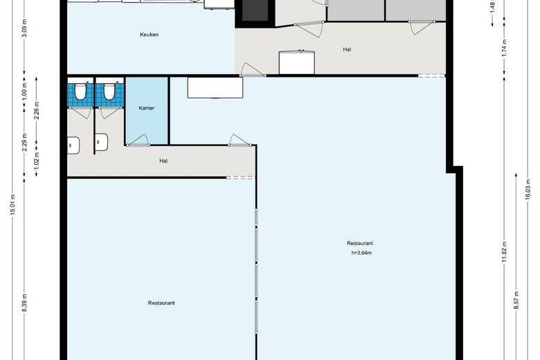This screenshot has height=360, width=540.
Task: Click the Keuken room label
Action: click(x=149, y=35)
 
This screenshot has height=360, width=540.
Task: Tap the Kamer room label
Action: click(x=146, y=108)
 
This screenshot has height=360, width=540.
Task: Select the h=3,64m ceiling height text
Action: click(x=361, y=253)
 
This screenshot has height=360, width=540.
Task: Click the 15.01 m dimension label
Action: click(x=12, y=205)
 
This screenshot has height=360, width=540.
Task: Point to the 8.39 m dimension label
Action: click(x=24, y=303)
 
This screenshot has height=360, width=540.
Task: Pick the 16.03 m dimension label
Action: click(x=528, y=190)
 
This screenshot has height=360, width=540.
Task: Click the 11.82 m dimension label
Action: click(x=505, y=251)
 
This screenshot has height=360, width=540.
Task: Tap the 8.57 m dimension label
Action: click(x=516, y=300)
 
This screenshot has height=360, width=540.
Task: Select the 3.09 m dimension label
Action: click(x=24, y=28)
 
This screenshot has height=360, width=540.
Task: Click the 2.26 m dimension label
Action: click(x=37, y=111)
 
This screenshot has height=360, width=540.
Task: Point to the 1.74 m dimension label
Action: click(x=505, y=48)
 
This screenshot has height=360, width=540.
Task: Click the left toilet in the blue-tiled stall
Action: click(x=80, y=91)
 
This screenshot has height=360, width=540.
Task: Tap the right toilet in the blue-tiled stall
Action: click(x=109, y=91)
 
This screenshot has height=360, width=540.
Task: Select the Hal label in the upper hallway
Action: click(x=347, y=49)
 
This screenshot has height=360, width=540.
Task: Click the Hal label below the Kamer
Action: click(x=163, y=161)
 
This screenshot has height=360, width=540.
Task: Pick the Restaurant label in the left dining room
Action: click(x=161, y=303)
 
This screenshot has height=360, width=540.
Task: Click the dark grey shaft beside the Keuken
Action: click(x=255, y=10)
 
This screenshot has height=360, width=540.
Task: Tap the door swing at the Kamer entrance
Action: click(x=138, y=140)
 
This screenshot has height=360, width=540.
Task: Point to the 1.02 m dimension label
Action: click(x=37, y=160)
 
